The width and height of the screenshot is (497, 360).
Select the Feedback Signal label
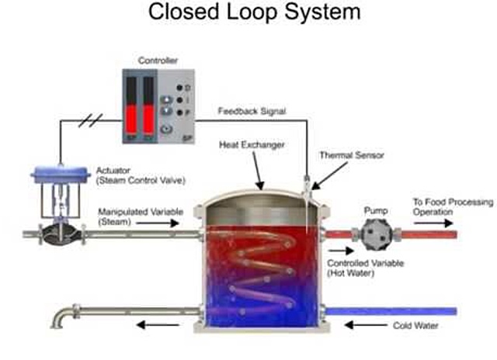[x=251, y=111]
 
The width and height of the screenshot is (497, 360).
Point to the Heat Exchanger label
[x=262, y=145]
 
